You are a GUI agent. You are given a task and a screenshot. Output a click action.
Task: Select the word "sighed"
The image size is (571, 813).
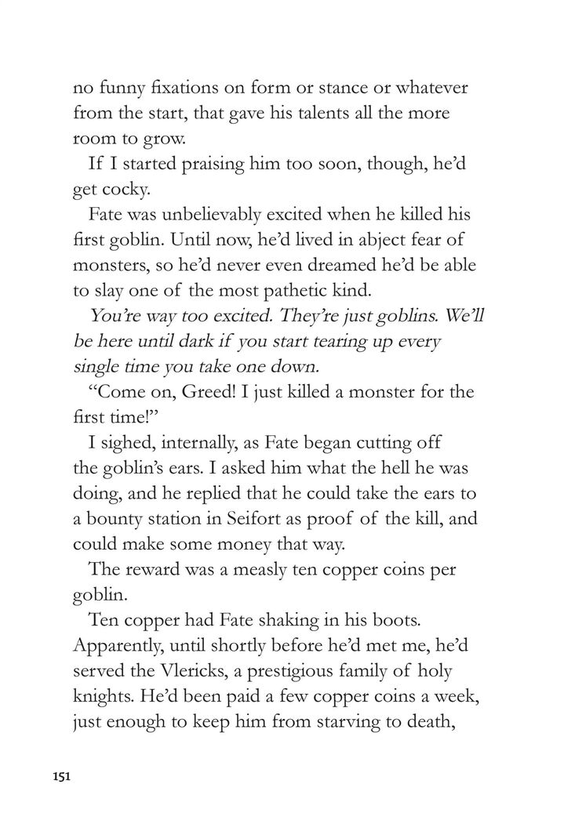point(138,444)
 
